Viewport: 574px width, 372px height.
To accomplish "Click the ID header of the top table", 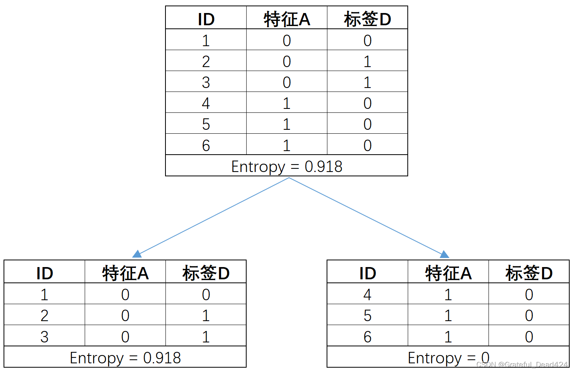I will coord(206,19).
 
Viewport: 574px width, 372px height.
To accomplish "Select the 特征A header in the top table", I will coord(287,19).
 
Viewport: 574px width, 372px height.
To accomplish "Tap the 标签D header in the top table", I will coord(367,19).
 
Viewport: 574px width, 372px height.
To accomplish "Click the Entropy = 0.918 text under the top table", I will coord(286,166).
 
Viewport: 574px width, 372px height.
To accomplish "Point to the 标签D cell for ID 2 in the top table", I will coord(367,62).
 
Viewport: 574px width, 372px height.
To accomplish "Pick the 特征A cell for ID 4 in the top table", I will coord(286,103).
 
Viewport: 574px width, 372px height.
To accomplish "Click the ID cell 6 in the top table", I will coord(206,146).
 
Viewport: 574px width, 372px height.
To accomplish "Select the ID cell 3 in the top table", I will coord(206,82).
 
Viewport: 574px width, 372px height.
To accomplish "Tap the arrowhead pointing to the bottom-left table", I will coord(137,254).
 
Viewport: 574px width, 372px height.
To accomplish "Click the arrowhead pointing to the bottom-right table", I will coord(444,254).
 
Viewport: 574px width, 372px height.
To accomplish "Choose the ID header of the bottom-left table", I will coord(45,273).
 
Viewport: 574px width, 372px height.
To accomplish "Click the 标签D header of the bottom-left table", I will coord(206,273).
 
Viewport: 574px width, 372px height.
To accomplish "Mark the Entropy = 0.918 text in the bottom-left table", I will coord(125,358).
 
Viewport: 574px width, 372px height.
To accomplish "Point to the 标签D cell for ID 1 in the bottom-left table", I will coord(206,295).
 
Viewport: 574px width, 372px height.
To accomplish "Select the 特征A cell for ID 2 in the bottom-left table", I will coord(125,316).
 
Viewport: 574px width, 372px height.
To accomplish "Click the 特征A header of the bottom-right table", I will coord(448,273).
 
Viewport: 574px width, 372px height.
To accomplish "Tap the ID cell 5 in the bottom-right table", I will coord(367,316).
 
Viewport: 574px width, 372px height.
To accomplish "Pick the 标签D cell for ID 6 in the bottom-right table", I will coord(529,337).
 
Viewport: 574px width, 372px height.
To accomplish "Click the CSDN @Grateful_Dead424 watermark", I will coord(522,365).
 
